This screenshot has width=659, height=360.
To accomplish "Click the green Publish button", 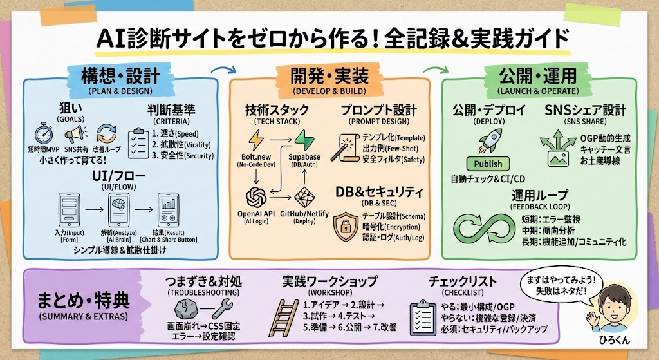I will point(488,164).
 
